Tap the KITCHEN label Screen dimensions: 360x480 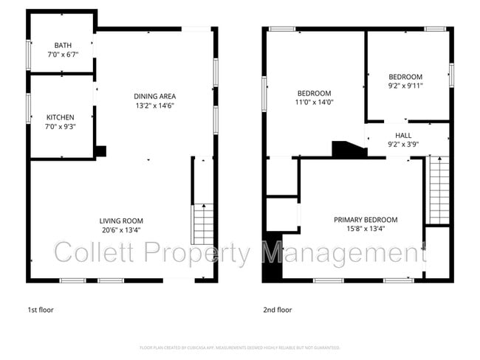coord(61,117)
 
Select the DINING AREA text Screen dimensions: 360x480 coord(154,96)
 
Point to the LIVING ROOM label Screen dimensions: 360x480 coord(121,221)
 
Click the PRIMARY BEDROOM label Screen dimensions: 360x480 coord(366,220)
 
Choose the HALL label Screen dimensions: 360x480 coord(403,136)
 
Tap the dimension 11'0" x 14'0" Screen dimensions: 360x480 coord(314,103)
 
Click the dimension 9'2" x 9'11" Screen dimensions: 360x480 coord(405,86)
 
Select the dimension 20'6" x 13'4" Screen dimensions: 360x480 coord(121,229)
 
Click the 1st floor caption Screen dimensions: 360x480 coord(41,311)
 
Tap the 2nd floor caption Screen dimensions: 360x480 coord(277,311)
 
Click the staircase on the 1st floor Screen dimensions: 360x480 coord(202,224)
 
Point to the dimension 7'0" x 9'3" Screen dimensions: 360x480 coord(61,126)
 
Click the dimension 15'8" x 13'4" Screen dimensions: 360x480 coord(366,229)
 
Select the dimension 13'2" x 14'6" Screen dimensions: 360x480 coord(154,105)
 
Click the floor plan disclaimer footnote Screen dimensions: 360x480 coord(239,347)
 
